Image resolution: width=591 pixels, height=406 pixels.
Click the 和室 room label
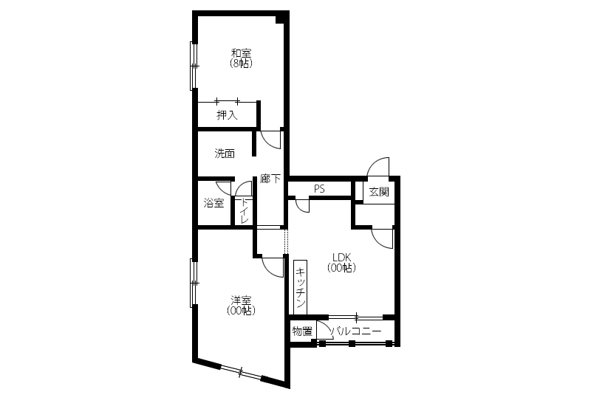click(x=242, y=53)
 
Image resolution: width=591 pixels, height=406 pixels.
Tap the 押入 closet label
click(x=227, y=115)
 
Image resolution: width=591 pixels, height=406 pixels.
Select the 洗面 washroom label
click(x=225, y=154)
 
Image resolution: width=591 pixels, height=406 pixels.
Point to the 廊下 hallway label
click(x=270, y=179)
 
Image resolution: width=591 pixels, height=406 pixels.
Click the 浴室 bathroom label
click(x=213, y=204)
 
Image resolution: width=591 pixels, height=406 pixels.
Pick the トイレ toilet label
click(x=245, y=210)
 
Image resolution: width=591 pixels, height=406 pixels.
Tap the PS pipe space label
click(x=319, y=189)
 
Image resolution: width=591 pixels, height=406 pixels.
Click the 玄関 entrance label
click(x=379, y=192)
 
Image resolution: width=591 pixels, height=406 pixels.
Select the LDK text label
click(x=342, y=257)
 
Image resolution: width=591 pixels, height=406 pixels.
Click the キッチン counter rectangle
click(x=301, y=287)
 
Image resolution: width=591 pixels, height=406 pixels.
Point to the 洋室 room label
click(x=242, y=300)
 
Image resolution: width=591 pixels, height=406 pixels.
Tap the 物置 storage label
click(x=302, y=331)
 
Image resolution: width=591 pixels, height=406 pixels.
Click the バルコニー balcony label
click(x=356, y=331)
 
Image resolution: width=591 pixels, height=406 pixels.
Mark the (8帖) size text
click(x=242, y=63)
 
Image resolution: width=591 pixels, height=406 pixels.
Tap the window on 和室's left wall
click(x=194, y=66)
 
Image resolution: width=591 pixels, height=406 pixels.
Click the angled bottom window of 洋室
click(x=241, y=372)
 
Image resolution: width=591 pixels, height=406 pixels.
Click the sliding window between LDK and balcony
click(x=356, y=317)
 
